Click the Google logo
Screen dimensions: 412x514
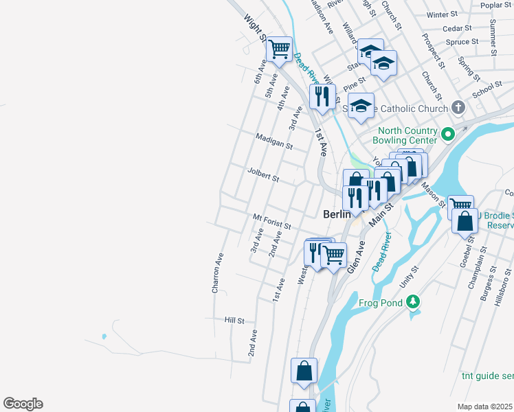click(x=23, y=404)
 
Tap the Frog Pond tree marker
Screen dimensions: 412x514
click(x=412, y=301)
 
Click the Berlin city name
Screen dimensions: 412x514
click(x=337, y=214)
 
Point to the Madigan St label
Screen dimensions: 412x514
click(x=273, y=141)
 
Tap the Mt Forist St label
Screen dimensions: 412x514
click(x=271, y=221)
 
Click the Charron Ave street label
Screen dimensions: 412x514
click(x=218, y=273)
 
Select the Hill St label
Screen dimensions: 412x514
click(x=234, y=320)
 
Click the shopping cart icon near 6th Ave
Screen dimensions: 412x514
click(x=279, y=49)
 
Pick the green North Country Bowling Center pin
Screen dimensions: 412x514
click(x=448, y=135)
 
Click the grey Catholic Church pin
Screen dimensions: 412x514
click(x=459, y=108)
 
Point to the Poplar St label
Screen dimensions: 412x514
click(x=497, y=5)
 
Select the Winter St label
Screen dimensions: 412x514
click(x=442, y=14)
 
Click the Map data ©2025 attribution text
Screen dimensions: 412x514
click(x=485, y=407)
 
